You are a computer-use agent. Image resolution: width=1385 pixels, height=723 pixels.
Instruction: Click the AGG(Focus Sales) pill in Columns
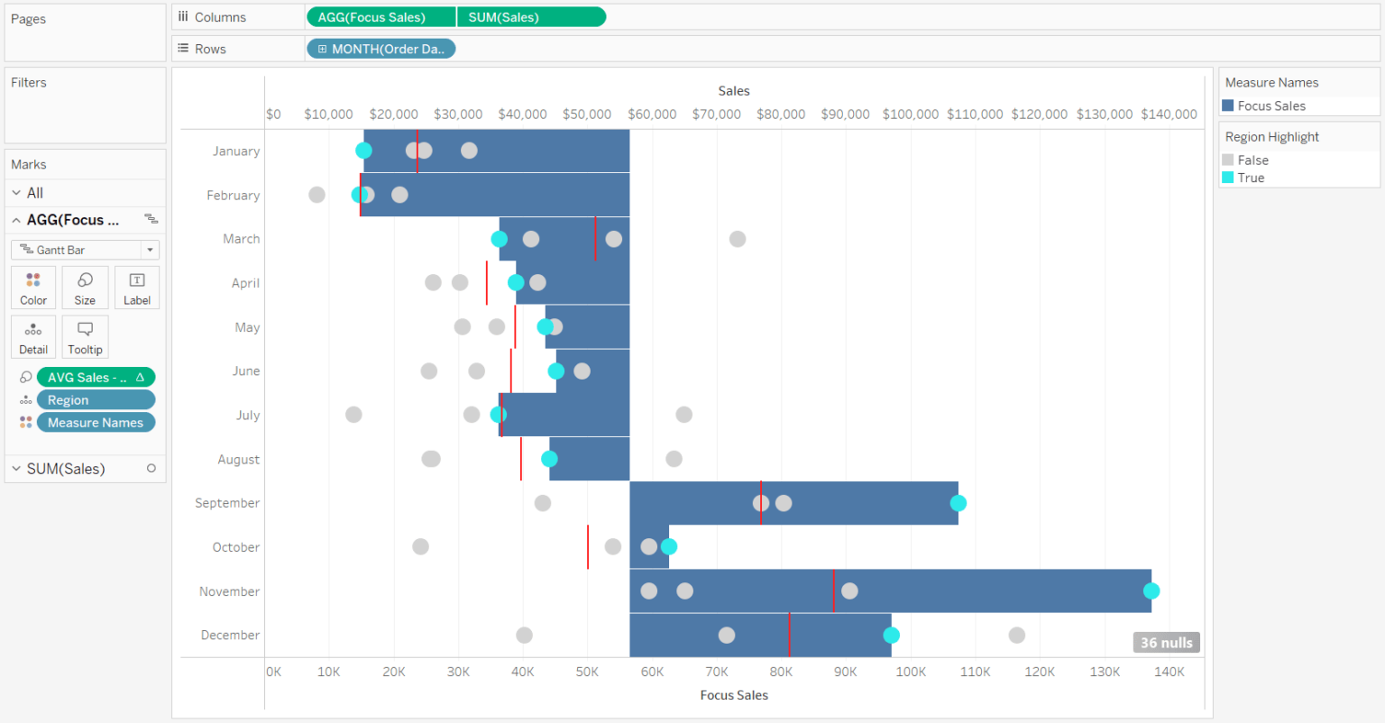point(380,17)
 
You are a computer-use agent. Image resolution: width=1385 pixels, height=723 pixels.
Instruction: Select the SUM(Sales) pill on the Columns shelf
point(530,17)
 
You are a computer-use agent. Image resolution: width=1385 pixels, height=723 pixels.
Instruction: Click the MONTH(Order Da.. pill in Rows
point(381,49)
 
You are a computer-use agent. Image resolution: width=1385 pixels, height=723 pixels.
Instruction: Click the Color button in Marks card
point(33,288)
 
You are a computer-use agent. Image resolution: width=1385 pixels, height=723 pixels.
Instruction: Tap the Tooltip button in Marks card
point(85,336)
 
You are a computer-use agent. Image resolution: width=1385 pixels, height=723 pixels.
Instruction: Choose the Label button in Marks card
point(137,288)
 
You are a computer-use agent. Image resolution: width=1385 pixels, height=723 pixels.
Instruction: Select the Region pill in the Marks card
point(96,400)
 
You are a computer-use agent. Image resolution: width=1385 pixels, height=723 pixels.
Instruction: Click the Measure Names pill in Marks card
point(96,423)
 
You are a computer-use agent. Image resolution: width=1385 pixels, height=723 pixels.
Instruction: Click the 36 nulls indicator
point(1166,643)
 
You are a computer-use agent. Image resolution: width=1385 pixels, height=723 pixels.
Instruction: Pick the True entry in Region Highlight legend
point(1250,178)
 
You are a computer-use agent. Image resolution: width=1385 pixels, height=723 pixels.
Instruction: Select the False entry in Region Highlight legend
point(1252,160)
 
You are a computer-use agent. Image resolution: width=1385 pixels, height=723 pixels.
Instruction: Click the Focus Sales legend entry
point(1270,105)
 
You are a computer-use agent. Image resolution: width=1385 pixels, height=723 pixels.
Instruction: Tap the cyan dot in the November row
point(1151,591)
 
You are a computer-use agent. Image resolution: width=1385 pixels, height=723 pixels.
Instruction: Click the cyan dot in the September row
point(958,503)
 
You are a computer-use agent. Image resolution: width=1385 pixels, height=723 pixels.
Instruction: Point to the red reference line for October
point(588,547)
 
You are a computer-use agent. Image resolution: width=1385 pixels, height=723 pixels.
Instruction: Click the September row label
point(227,503)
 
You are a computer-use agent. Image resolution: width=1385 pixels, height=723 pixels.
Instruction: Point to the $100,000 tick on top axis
point(910,114)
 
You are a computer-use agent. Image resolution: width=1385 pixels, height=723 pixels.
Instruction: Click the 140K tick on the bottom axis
point(1169,672)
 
